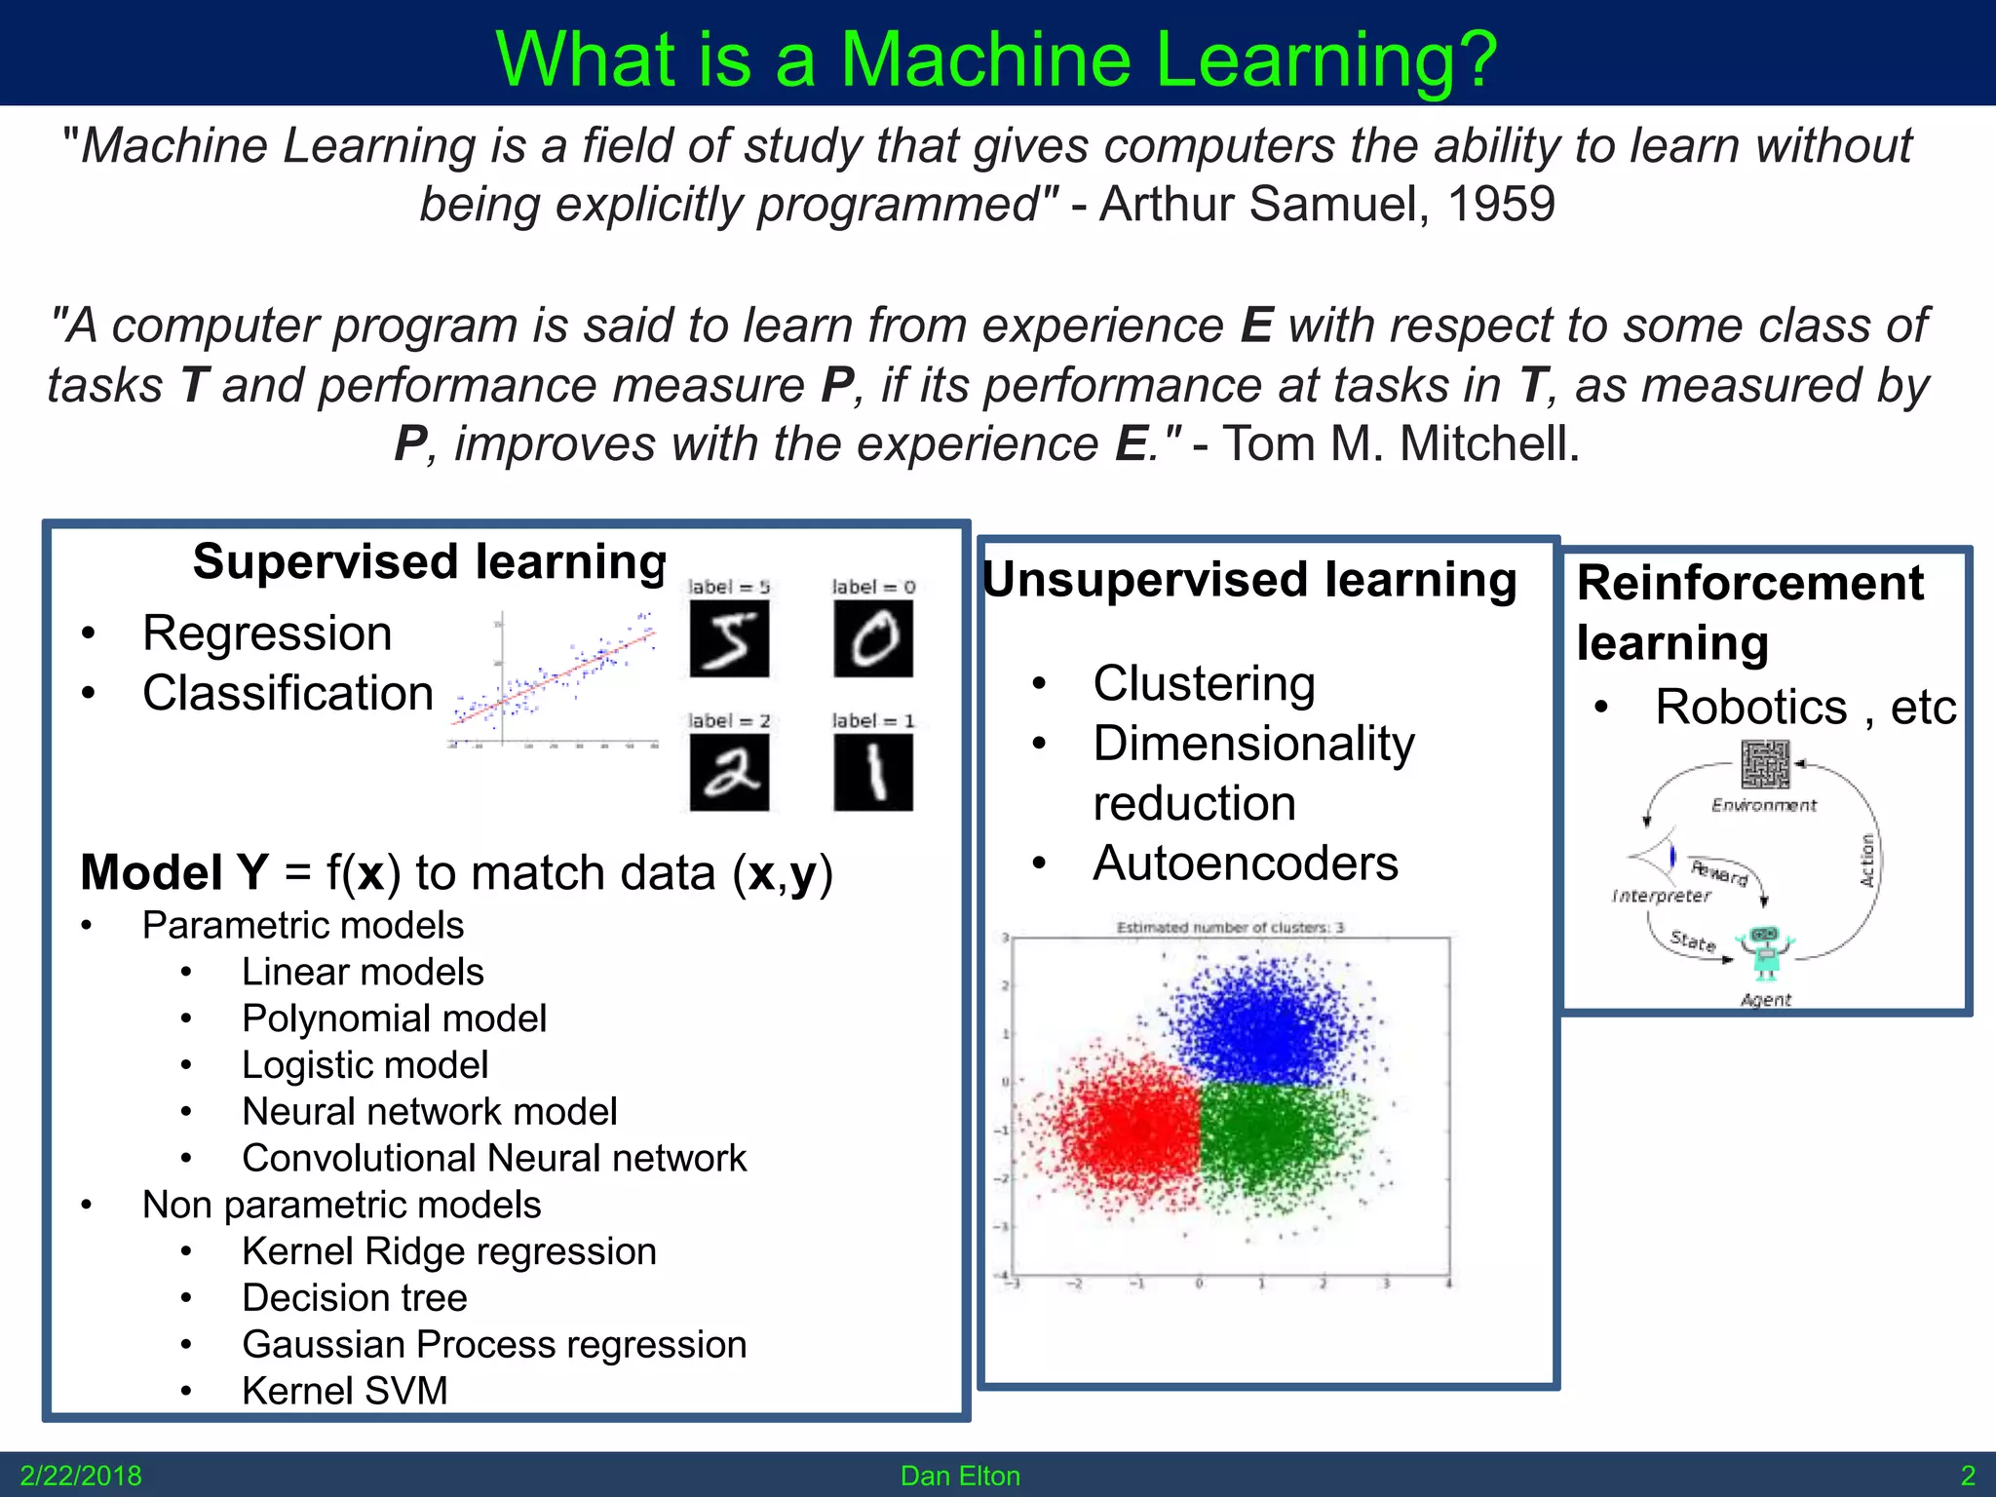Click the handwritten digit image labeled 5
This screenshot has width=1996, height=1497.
pyautogui.click(x=729, y=638)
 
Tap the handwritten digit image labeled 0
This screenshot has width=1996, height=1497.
pyautogui.click(x=873, y=638)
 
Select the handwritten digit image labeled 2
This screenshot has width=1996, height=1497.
pyautogui.click(x=729, y=772)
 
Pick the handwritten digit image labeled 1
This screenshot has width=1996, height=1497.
pyautogui.click(x=873, y=772)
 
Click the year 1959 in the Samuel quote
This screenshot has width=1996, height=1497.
pyautogui.click(x=1501, y=205)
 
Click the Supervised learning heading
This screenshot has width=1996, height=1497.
pyautogui.click(x=429, y=562)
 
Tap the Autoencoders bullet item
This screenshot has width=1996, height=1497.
pyautogui.click(x=1245, y=864)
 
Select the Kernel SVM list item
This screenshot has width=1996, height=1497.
pyautogui.click(x=345, y=1391)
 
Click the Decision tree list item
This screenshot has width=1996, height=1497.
pyautogui.click(x=355, y=1298)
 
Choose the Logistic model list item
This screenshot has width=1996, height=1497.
pyautogui.click(x=365, y=1065)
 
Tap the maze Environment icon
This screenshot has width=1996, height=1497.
pyautogui.click(x=1765, y=764)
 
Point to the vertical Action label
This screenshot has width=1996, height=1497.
pyautogui.click(x=1867, y=860)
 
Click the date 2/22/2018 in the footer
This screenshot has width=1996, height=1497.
pyautogui.click(x=81, y=1476)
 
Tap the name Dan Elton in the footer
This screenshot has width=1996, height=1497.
pyautogui.click(x=960, y=1476)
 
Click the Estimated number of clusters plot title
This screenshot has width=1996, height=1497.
pyautogui.click(x=1230, y=927)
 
